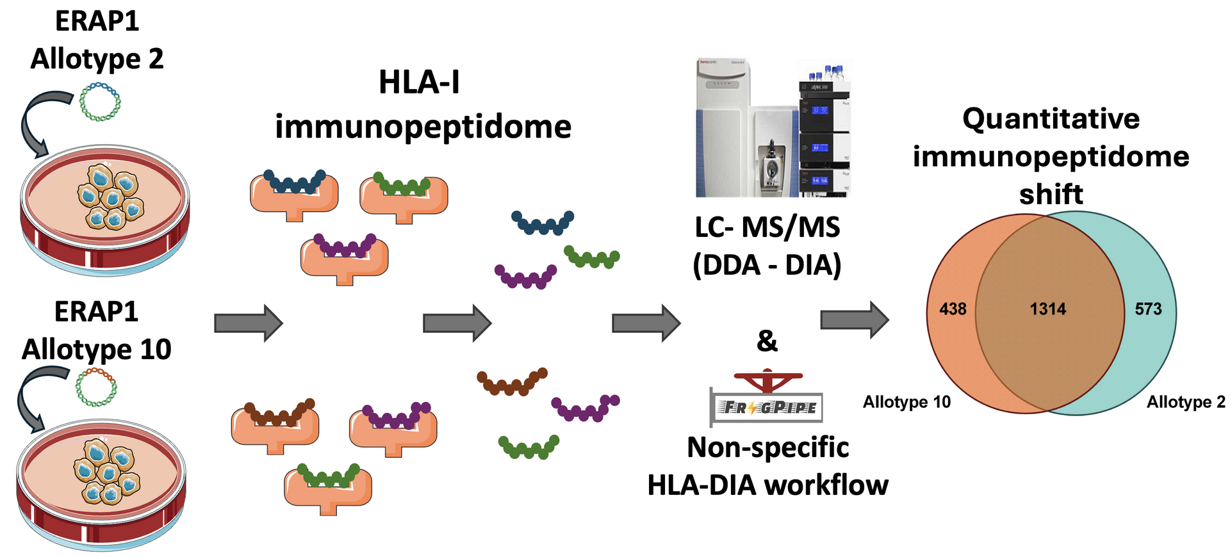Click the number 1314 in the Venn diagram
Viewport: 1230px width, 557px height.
coord(1047,309)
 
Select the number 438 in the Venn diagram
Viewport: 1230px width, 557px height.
coord(953,309)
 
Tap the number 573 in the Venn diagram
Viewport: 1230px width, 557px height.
coord(1148,309)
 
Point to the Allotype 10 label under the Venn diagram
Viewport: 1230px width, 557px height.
coord(906,402)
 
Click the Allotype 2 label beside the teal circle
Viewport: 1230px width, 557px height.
coord(1186,402)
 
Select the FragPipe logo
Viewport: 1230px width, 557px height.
coord(767,400)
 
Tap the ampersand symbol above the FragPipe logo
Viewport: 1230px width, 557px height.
coord(767,341)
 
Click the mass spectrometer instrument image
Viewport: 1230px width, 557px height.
coord(773,128)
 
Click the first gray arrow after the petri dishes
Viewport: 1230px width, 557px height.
coord(249,323)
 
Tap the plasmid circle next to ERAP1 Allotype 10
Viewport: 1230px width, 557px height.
coord(96,387)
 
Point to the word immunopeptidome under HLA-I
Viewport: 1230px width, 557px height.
coord(423,126)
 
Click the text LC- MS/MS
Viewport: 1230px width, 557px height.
coord(767,227)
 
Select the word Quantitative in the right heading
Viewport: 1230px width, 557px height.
coord(1051,119)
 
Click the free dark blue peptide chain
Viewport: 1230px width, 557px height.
coord(543,223)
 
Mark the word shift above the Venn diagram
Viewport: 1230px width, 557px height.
coord(1051,194)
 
